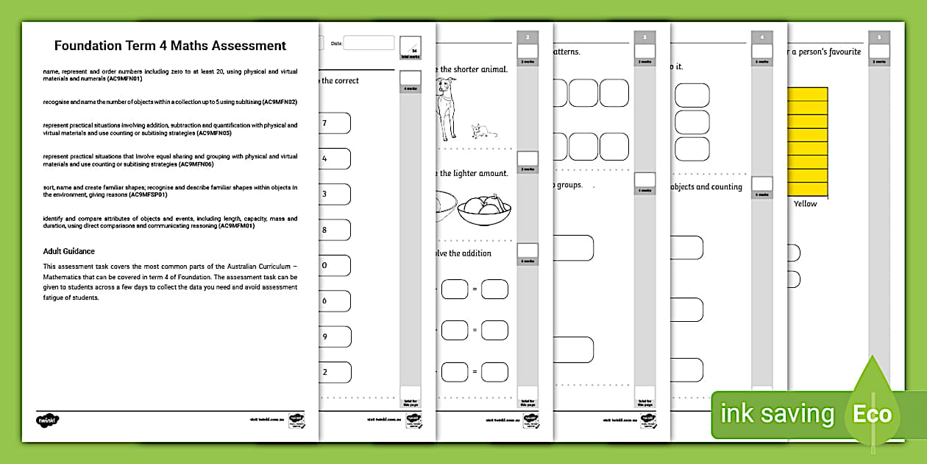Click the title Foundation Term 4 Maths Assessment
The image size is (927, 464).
(x=170, y=46)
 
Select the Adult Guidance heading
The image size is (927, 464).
(x=69, y=251)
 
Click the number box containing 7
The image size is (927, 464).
(x=334, y=123)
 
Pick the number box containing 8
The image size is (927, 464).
(x=334, y=230)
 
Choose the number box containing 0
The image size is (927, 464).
(x=334, y=265)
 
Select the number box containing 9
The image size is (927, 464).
(x=334, y=337)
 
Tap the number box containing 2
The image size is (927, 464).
(x=334, y=372)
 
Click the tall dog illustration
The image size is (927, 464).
(x=445, y=108)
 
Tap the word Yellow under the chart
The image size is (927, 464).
(x=805, y=204)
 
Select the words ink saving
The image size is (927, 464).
(x=777, y=414)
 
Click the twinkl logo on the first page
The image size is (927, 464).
(x=47, y=421)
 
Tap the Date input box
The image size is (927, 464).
(x=369, y=43)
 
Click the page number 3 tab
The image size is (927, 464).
(x=645, y=37)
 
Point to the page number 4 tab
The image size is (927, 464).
(x=762, y=37)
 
